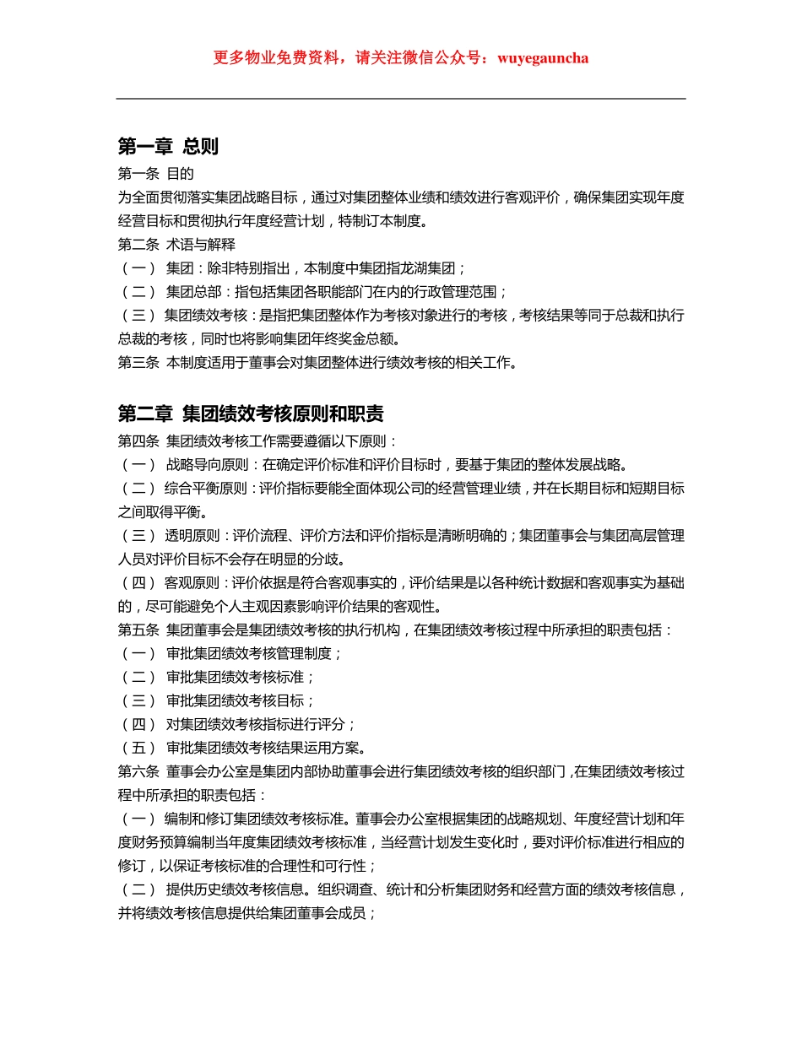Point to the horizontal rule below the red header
coord(401,99)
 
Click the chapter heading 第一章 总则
coord(168,147)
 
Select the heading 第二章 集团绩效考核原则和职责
coord(251,414)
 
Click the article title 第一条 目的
coord(156,175)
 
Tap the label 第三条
coord(138,364)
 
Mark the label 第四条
coord(138,441)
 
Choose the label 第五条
coord(138,630)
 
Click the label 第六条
coord(138,771)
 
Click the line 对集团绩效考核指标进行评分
coord(260,724)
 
